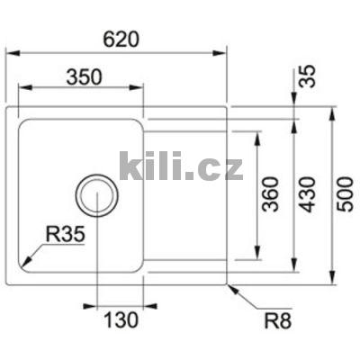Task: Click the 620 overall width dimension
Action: coord(124,39)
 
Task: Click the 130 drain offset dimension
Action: coord(119,319)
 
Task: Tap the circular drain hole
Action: coord(95,194)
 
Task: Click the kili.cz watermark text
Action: coord(181,166)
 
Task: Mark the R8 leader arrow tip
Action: coord(229,285)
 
